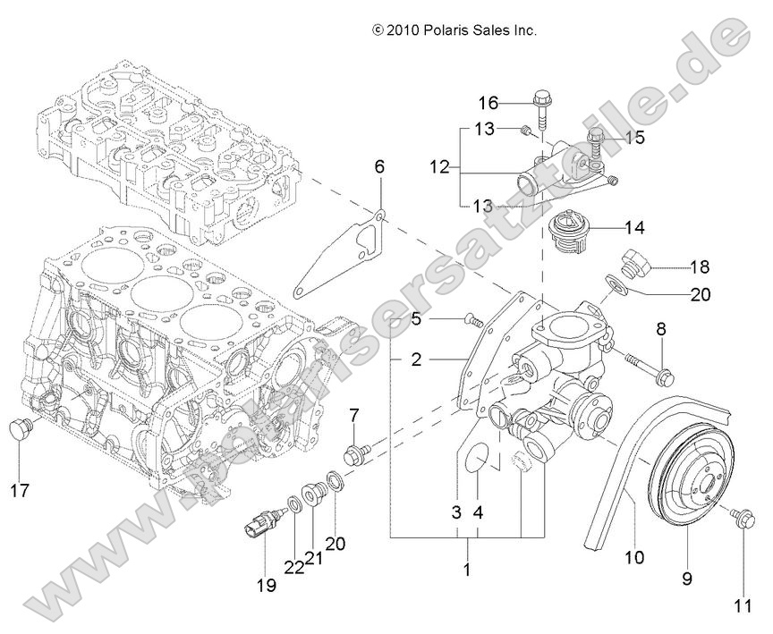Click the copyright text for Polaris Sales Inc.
point(454,30)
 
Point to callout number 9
point(687,579)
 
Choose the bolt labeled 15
point(598,139)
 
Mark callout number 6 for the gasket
point(378,167)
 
